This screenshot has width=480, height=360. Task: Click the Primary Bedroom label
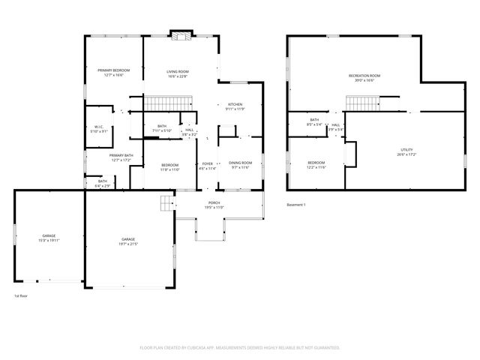(112, 70)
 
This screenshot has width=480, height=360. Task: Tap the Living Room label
(178, 70)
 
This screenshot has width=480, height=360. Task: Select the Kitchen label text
(235, 104)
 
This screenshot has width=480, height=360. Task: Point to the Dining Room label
(240, 163)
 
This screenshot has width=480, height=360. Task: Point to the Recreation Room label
(364, 75)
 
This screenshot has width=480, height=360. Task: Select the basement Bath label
(315, 120)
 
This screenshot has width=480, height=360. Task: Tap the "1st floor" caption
(21, 296)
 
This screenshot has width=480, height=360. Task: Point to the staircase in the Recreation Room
(364, 103)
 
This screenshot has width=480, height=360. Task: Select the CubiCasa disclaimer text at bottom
(240, 347)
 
